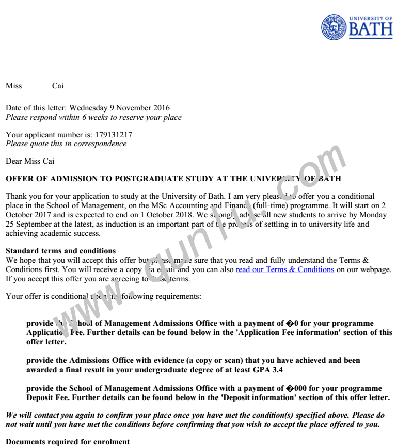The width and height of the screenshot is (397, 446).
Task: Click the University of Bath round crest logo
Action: point(334,27)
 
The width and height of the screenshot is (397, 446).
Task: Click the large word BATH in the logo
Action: point(371,30)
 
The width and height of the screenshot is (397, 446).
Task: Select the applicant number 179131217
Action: point(114,135)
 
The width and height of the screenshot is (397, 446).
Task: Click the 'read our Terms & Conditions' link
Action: point(285,269)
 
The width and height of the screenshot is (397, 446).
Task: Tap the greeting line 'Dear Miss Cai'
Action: point(30,161)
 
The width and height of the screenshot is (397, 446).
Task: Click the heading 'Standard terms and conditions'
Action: point(61,251)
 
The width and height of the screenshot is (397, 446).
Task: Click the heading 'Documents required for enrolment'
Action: point(67,442)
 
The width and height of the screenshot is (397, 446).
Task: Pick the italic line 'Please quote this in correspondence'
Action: point(66,144)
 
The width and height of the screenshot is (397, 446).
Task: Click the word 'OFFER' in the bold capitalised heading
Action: point(19,179)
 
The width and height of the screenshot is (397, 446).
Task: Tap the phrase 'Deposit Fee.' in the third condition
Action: point(51,397)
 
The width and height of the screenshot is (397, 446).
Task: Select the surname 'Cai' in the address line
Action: point(58,86)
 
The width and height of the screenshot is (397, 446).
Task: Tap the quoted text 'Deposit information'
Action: point(273,397)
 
